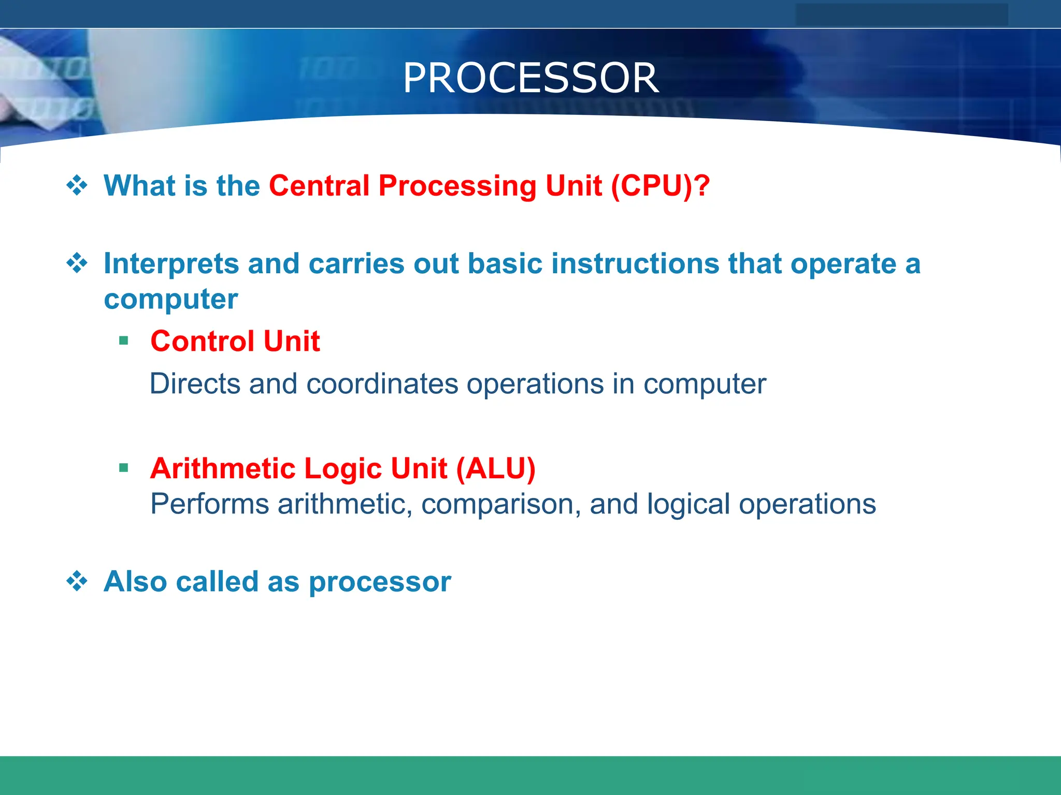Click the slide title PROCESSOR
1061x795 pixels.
point(530,78)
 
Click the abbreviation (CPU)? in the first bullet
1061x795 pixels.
point(660,186)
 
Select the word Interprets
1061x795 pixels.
point(171,264)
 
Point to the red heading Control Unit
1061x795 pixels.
point(235,342)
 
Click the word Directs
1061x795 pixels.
point(195,384)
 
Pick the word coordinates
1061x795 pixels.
point(382,384)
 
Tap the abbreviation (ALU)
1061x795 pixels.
point(496,469)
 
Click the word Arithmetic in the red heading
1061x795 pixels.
point(222,469)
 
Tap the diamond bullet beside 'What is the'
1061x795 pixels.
point(77,185)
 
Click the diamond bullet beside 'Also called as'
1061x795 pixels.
point(77,581)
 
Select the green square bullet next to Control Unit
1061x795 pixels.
point(123,341)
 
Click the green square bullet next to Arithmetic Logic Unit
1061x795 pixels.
point(123,468)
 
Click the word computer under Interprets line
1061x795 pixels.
point(171,300)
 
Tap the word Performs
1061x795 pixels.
point(209,504)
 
